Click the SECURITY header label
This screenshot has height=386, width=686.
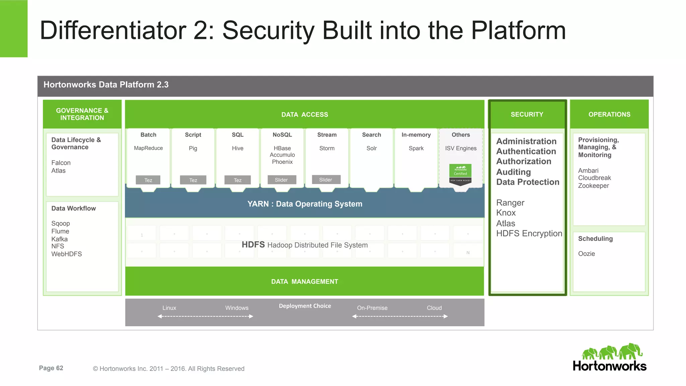point(527,114)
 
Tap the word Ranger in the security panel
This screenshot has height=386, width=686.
point(510,203)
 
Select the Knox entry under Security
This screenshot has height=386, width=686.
point(505,213)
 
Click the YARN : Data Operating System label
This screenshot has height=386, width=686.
point(304,204)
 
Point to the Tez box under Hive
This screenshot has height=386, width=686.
point(237,180)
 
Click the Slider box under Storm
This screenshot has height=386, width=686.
point(326,180)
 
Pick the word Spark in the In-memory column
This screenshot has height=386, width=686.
point(416,148)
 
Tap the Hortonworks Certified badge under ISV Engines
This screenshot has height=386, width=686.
point(460,173)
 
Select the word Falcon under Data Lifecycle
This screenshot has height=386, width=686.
point(61,163)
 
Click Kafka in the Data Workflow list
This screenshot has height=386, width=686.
point(59,239)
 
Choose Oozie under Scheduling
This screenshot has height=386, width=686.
point(586,254)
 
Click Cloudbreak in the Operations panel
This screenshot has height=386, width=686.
point(594,178)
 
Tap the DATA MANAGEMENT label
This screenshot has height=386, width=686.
point(304,282)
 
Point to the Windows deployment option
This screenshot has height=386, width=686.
point(236,308)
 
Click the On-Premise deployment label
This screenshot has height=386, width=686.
point(372,308)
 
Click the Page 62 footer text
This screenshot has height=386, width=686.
point(51,368)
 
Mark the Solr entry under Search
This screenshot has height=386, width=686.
point(371,148)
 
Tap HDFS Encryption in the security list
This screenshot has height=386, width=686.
point(529,234)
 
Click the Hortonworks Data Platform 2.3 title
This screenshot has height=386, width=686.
point(106,85)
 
